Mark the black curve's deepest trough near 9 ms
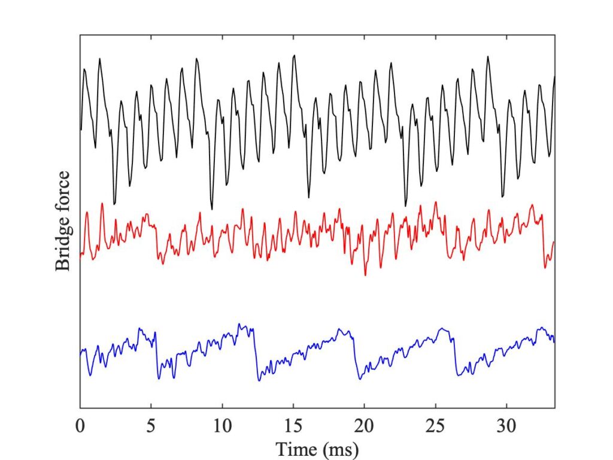(212, 209)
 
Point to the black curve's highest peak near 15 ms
(294, 55)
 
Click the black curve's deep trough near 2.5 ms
(114, 204)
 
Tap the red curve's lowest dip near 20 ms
(365, 275)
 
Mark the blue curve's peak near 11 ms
(239, 324)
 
